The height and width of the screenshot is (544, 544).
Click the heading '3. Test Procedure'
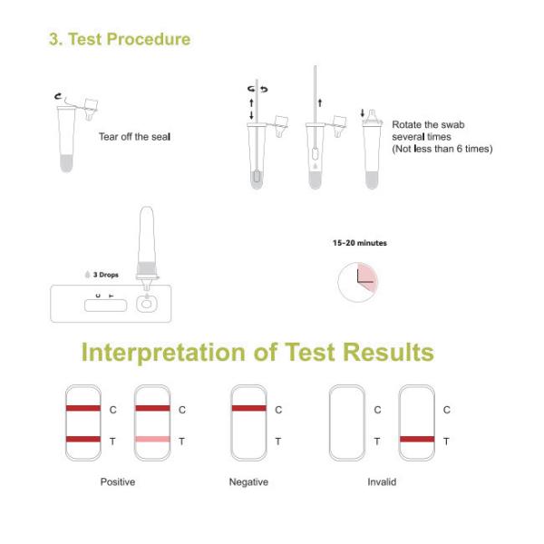pyautogui.click(x=120, y=39)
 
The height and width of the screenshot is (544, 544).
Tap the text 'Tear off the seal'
pyautogui.click(x=134, y=137)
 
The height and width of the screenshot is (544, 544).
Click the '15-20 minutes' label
pyautogui.click(x=359, y=243)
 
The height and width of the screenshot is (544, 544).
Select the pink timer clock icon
pyautogui.click(x=358, y=282)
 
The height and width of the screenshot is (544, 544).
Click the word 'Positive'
pyautogui.click(x=118, y=482)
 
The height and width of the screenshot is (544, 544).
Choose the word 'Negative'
pyautogui.click(x=248, y=482)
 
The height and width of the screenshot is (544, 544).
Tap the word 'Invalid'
pyautogui.click(x=382, y=482)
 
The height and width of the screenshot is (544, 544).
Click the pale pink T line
pyautogui.click(x=152, y=439)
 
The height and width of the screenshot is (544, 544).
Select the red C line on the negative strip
pyautogui.click(x=248, y=408)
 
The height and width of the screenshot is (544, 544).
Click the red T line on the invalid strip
pyautogui.click(x=417, y=439)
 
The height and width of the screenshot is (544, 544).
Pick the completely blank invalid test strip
pyautogui.click(x=347, y=423)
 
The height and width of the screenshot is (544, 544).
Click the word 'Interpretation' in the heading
pyautogui.click(x=164, y=352)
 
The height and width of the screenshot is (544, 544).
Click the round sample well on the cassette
pyautogui.click(x=147, y=305)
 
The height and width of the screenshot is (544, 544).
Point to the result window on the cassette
pyautogui.click(x=105, y=306)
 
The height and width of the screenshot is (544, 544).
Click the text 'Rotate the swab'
pyautogui.click(x=428, y=124)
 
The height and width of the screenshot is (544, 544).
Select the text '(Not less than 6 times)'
pyautogui.click(x=442, y=149)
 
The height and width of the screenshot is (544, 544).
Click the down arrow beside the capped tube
pyautogui.click(x=363, y=113)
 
